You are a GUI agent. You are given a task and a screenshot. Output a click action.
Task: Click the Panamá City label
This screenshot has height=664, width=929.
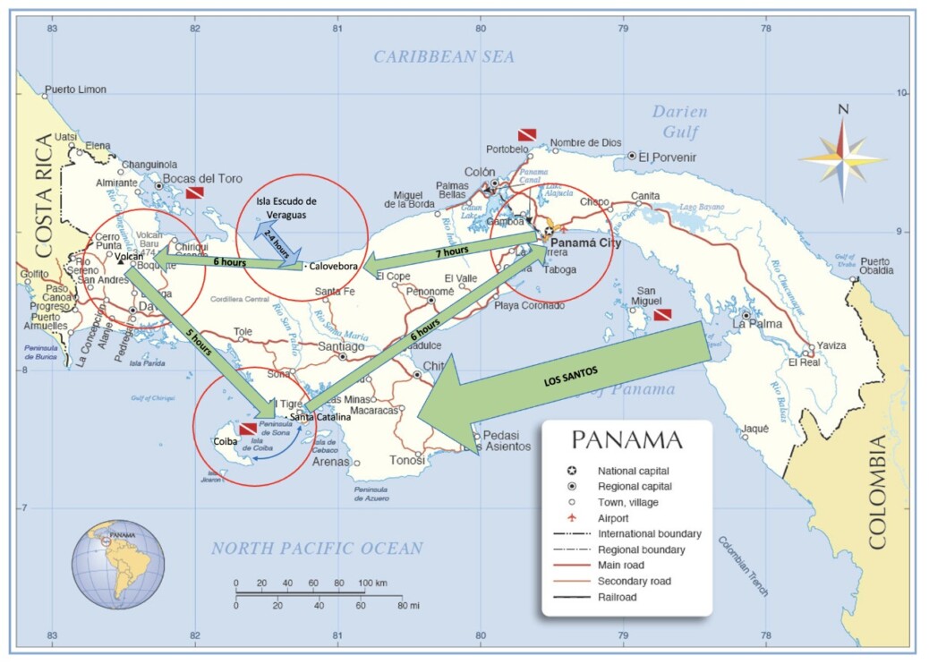coord(586,243)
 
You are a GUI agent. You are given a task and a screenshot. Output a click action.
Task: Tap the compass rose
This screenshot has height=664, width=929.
coord(841,157)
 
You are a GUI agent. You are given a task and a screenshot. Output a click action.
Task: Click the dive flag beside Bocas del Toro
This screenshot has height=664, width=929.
coord(194,192)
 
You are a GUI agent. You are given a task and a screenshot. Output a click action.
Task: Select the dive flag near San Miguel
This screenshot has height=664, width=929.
coord(662,315)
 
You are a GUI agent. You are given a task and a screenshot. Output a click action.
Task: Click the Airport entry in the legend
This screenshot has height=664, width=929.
coord(614,517)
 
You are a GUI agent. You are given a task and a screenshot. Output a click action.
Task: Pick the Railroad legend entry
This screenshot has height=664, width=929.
coord(617,597)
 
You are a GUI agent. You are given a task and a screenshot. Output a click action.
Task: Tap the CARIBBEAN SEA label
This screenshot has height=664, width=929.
coord(444,57)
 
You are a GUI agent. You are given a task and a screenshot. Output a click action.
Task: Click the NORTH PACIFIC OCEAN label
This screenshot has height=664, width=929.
coord(317,549)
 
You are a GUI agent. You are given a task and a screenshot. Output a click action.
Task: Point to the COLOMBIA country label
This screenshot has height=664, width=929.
coord(876,491)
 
